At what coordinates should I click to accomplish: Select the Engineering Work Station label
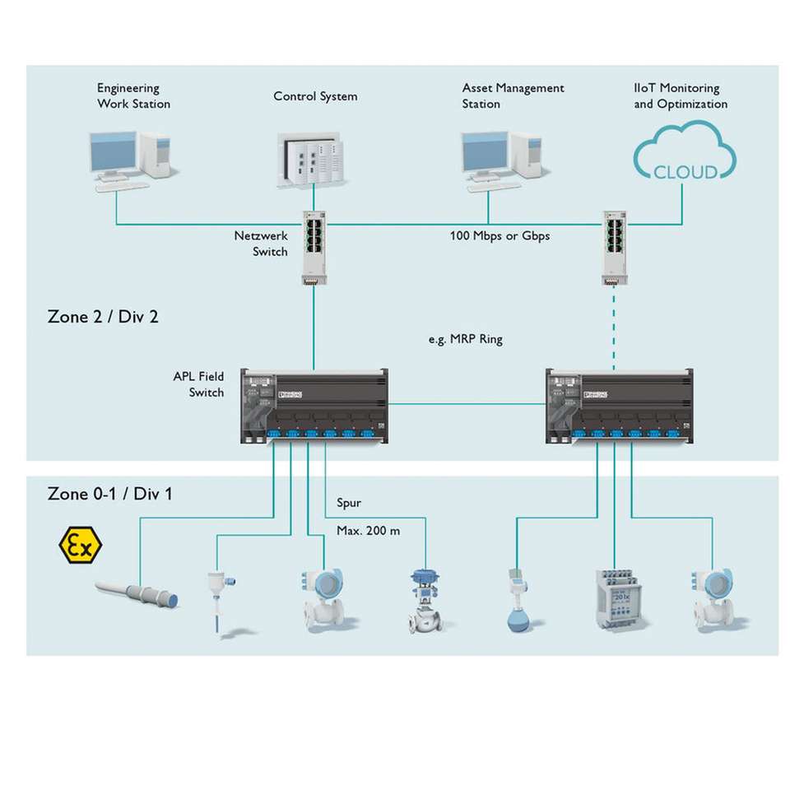pyautogui.click(x=133, y=96)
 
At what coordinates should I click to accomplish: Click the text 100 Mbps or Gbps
pyautogui.click(x=500, y=236)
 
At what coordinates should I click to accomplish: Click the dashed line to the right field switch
pyautogui.click(x=613, y=329)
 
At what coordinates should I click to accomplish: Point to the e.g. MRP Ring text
pyautogui.click(x=465, y=339)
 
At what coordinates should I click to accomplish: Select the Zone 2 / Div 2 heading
pyautogui.click(x=103, y=317)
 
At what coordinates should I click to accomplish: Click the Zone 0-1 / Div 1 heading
pyautogui.click(x=109, y=494)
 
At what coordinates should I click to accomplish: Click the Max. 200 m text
pyautogui.click(x=368, y=531)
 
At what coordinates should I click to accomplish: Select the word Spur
pyautogui.click(x=349, y=503)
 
